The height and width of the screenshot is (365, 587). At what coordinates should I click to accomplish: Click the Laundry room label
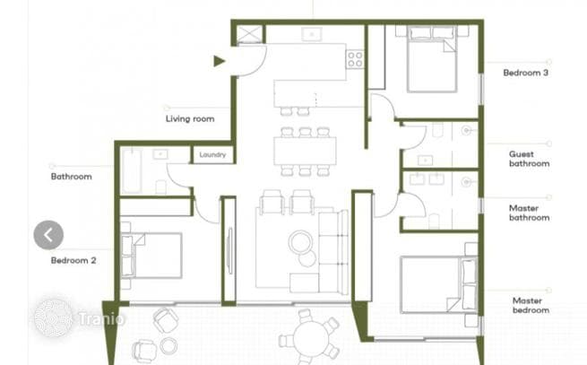(212, 154)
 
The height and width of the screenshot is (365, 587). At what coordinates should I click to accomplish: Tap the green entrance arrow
(219, 61)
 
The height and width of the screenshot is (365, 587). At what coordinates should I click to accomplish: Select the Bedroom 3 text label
(525, 73)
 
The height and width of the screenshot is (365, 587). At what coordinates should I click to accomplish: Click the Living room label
(190, 118)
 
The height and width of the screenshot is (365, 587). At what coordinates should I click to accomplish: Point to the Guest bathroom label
(529, 159)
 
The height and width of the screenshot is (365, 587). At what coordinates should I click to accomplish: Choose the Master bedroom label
(531, 306)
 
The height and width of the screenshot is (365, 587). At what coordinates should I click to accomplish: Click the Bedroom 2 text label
(73, 260)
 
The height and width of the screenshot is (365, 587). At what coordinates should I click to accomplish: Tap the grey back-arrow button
(48, 235)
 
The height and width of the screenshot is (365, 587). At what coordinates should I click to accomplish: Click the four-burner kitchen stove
(355, 59)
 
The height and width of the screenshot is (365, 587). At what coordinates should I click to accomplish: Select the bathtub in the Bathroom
(132, 171)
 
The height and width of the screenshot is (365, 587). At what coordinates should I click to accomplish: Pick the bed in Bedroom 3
(432, 59)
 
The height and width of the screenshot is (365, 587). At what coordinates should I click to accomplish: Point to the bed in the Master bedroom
(438, 285)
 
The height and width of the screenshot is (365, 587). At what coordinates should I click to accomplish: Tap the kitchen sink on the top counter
(312, 34)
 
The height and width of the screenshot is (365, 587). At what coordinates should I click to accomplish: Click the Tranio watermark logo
(78, 318)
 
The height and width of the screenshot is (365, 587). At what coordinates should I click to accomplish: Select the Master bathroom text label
(529, 213)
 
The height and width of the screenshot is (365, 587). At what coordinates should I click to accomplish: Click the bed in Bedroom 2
(151, 256)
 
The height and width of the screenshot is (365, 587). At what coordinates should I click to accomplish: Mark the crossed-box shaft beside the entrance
(247, 34)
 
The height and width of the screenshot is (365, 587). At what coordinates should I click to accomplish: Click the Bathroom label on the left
(71, 177)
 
